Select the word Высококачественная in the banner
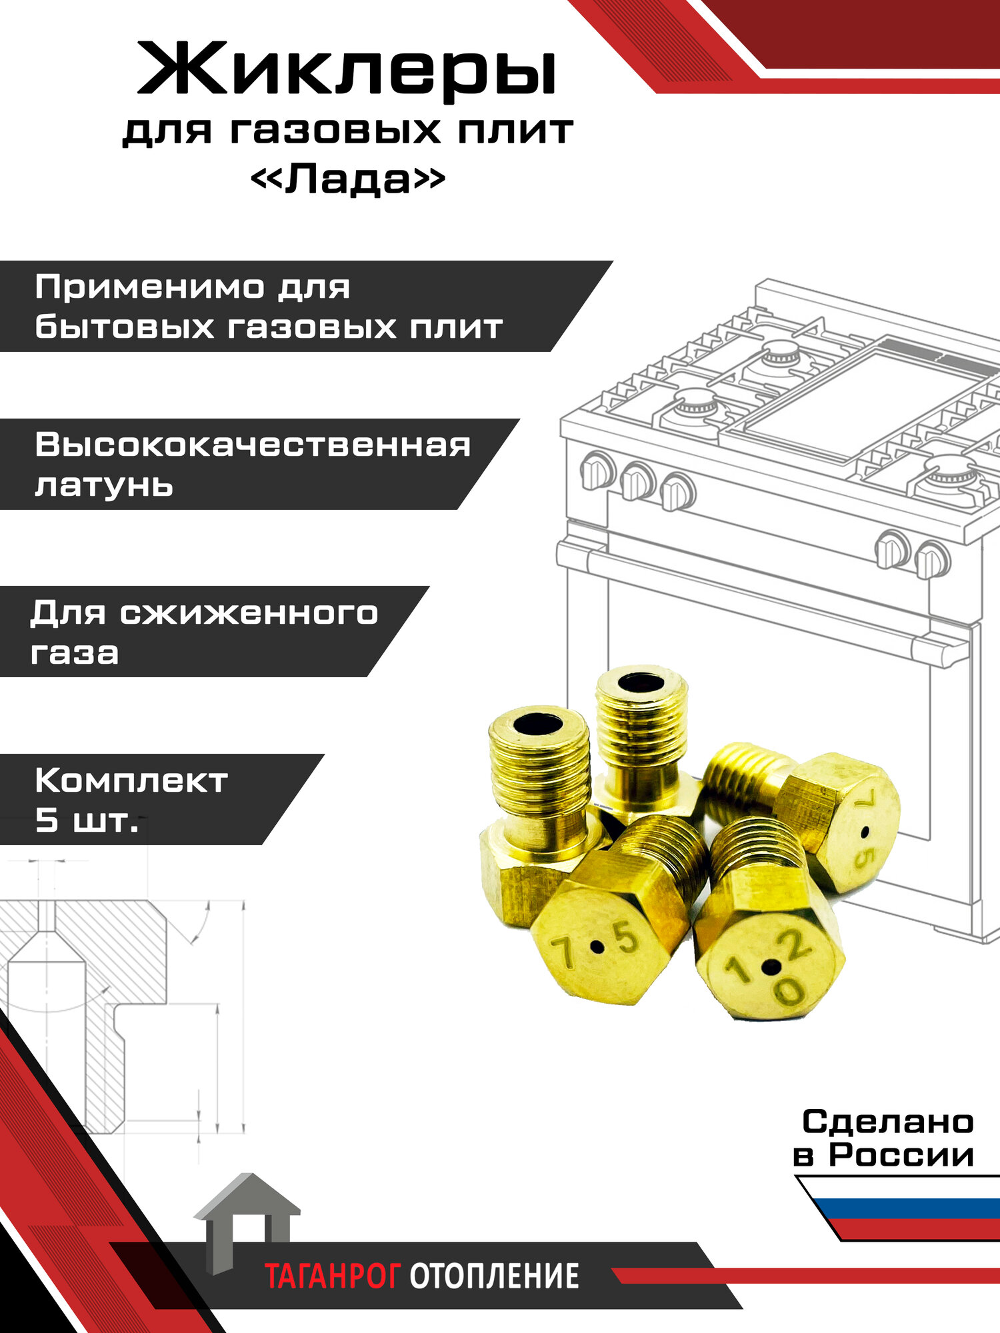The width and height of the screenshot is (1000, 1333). coord(253,445)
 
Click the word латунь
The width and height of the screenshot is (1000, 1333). coord(104,485)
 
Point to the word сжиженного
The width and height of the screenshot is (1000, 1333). coord(249,613)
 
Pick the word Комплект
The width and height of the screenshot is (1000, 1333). coord(131,780)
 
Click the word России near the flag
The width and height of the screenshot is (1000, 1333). coord(901,1154)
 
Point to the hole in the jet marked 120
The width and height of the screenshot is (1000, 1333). coord(771,966)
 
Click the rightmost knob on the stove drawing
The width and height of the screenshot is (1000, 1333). coord(932,559)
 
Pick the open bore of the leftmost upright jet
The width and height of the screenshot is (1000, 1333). coord(538,722)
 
